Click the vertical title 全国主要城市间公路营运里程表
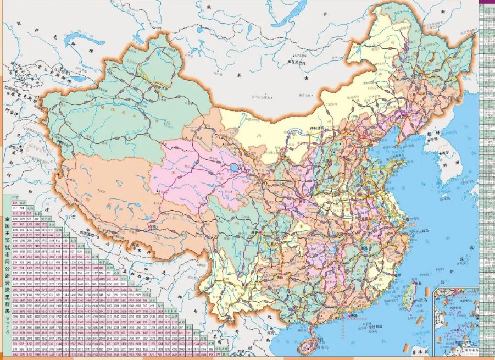tap(8, 258)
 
